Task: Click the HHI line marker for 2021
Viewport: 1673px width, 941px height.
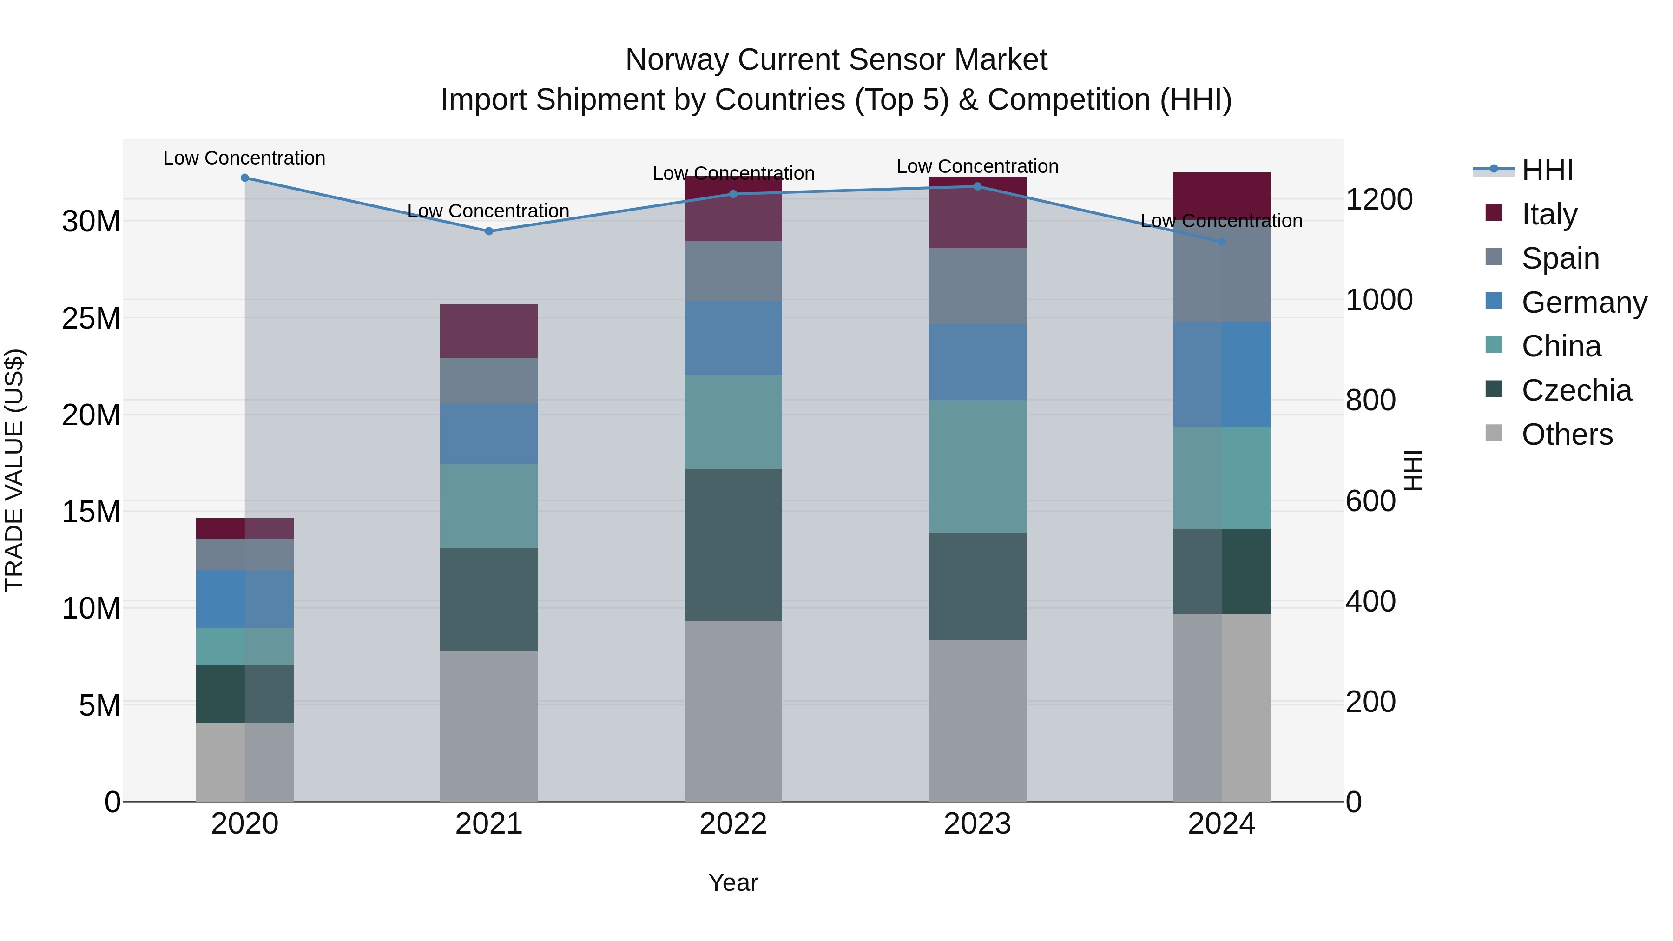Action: [x=489, y=231]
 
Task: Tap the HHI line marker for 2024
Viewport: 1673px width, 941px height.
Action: [x=1222, y=242]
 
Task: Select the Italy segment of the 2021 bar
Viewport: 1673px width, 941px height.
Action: [x=489, y=331]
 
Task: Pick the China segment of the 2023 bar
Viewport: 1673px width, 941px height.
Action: [x=977, y=466]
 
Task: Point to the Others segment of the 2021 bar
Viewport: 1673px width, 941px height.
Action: [x=489, y=725]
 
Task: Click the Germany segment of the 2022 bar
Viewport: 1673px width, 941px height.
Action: [x=733, y=338]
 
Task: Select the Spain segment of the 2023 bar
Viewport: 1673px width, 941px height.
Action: [x=977, y=286]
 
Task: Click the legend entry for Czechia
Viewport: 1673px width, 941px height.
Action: [x=1576, y=390]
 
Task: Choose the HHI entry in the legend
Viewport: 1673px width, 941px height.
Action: [x=1547, y=170]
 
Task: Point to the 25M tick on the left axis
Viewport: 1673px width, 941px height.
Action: [x=91, y=318]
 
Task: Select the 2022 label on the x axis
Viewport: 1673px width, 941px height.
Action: [x=733, y=824]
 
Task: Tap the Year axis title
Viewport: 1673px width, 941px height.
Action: [x=733, y=882]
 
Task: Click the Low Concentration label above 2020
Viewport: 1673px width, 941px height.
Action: [x=244, y=158]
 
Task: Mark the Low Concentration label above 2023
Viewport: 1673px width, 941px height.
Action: [x=977, y=166]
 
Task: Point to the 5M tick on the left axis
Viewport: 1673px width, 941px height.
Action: [x=99, y=705]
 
